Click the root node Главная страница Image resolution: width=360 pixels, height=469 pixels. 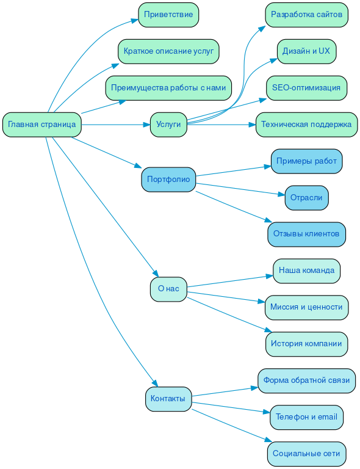tap(42, 125)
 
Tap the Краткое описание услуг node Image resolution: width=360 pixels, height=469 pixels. tap(168, 51)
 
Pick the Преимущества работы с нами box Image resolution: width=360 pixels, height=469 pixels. tap(168, 88)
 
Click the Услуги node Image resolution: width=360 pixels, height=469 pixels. tap(168, 125)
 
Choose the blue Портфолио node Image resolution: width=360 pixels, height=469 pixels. tap(168, 180)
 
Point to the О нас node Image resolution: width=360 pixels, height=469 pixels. tap(168, 289)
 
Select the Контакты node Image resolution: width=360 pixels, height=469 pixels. tap(168, 399)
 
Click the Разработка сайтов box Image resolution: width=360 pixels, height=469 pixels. tap(306, 15)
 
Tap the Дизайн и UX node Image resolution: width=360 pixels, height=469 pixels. tap(306, 51)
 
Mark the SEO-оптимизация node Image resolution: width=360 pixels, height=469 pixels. tap(306, 88)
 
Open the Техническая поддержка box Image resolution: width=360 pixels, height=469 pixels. tap(306, 125)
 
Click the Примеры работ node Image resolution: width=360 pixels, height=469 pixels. tap(306, 161)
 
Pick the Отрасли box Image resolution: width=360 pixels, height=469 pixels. tap(306, 198)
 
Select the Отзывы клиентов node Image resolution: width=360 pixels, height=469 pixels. tap(306, 234)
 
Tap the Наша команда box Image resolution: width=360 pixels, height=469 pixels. tap(306, 271)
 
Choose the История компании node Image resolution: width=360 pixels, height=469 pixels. tap(306, 344)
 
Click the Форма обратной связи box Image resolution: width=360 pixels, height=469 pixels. tap(306, 380)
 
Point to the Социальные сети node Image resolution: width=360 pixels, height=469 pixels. tap(306, 454)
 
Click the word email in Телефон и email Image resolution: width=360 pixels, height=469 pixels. tap(327, 417)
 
